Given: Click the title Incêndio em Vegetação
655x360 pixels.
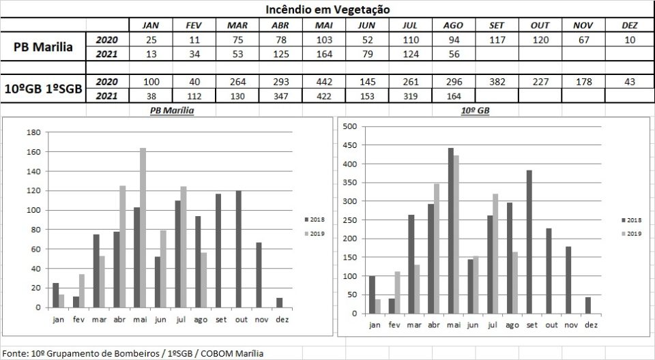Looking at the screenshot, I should click(x=327, y=9).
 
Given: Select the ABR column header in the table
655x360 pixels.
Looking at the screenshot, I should click(x=279, y=25).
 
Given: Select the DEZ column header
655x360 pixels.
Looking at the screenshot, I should click(x=630, y=25).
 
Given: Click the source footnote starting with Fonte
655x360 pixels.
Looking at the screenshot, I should click(x=133, y=353).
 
